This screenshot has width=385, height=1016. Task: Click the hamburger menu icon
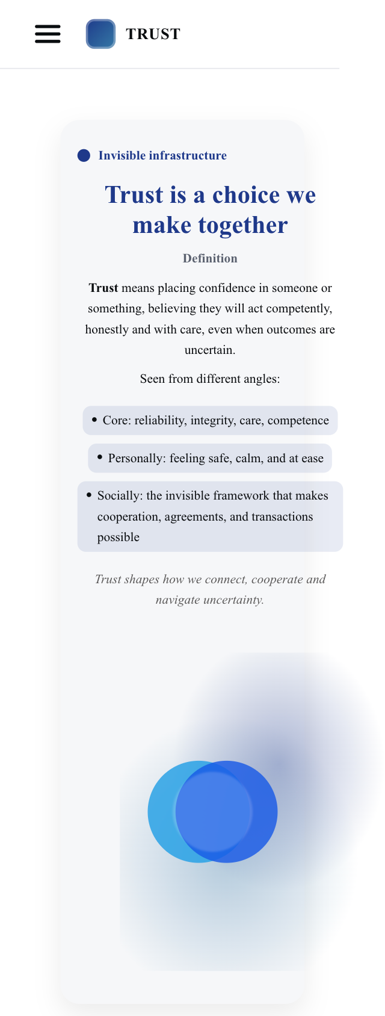tap(48, 34)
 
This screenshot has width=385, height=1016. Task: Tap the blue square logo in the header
tap(100, 34)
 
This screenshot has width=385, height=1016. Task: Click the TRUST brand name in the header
tap(153, 34)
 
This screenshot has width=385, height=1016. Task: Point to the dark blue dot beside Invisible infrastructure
tap(84, 156)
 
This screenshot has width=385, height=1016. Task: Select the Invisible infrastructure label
tap(162, 156)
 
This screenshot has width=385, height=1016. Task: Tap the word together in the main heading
tap(243, 225)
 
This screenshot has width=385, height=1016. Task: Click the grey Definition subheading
tap(210, 258)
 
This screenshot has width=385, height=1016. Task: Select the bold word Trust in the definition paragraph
tap(103, 288)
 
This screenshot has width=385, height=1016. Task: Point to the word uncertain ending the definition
tap(209, 350)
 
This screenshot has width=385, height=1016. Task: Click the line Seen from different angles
tap(210, 379)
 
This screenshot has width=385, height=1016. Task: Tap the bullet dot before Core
tap(94, 420)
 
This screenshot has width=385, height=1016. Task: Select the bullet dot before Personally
tap(100, 457)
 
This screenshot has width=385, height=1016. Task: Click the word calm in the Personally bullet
tap(248, 458)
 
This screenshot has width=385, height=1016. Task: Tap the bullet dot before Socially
tap(89, 495)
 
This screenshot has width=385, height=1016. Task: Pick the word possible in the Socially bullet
tap(119, 537)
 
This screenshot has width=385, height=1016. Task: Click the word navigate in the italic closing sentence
tap(180, 599)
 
